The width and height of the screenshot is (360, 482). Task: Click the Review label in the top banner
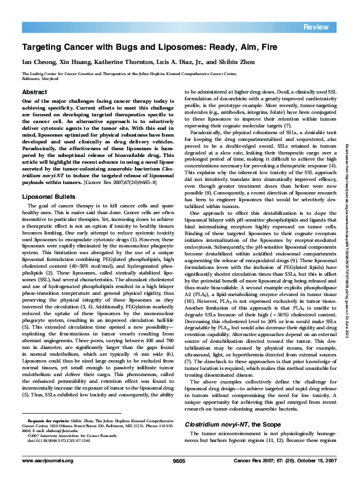point(316,27)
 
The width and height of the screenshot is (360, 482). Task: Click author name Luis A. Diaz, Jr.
point(191,62)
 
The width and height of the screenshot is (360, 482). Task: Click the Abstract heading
point(34,91)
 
